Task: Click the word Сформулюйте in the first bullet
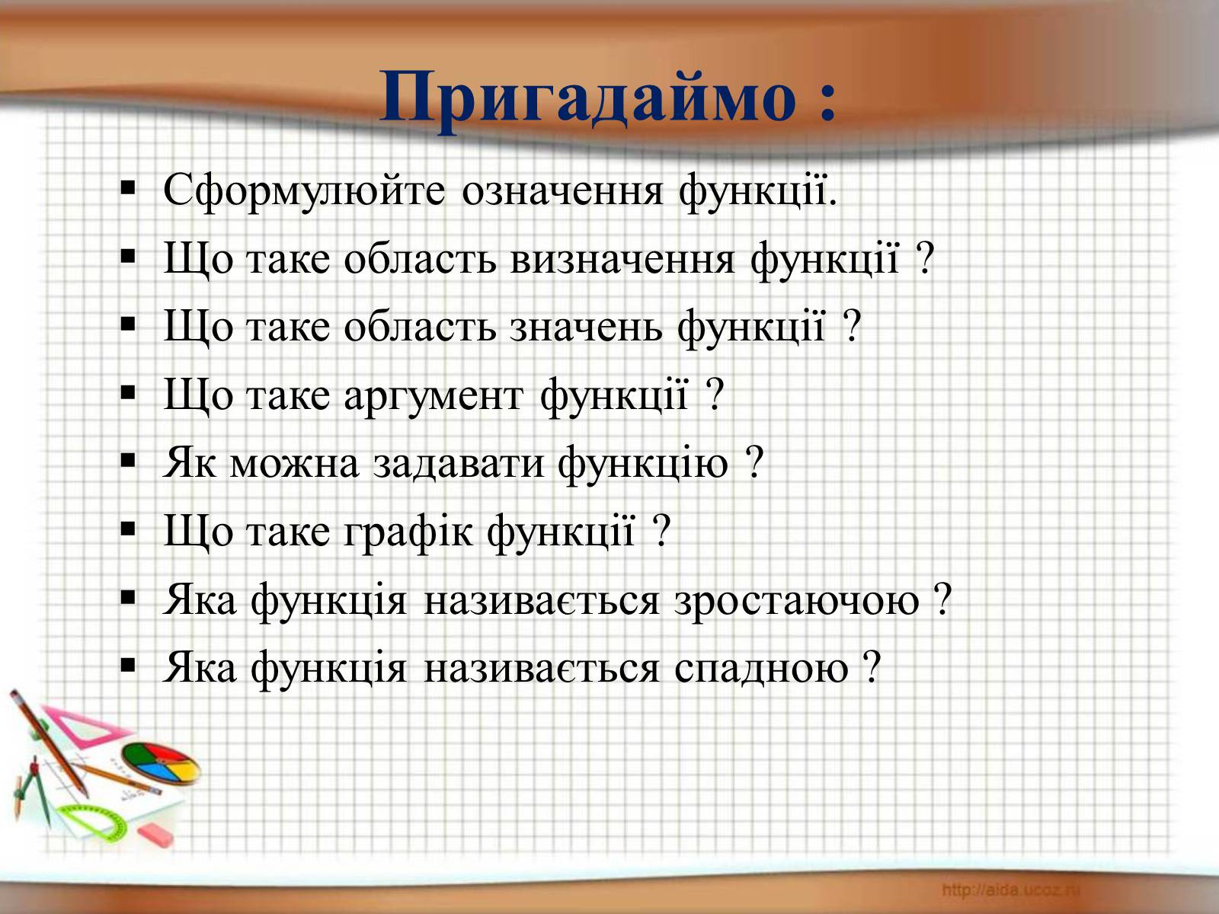pos(304,191)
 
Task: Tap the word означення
pos(562,191)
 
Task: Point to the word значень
pos(586,328)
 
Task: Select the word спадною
pos(761,669)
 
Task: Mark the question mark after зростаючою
pos(942,599)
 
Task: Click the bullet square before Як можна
pos(128,461)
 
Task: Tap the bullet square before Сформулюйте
pos(128,188)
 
